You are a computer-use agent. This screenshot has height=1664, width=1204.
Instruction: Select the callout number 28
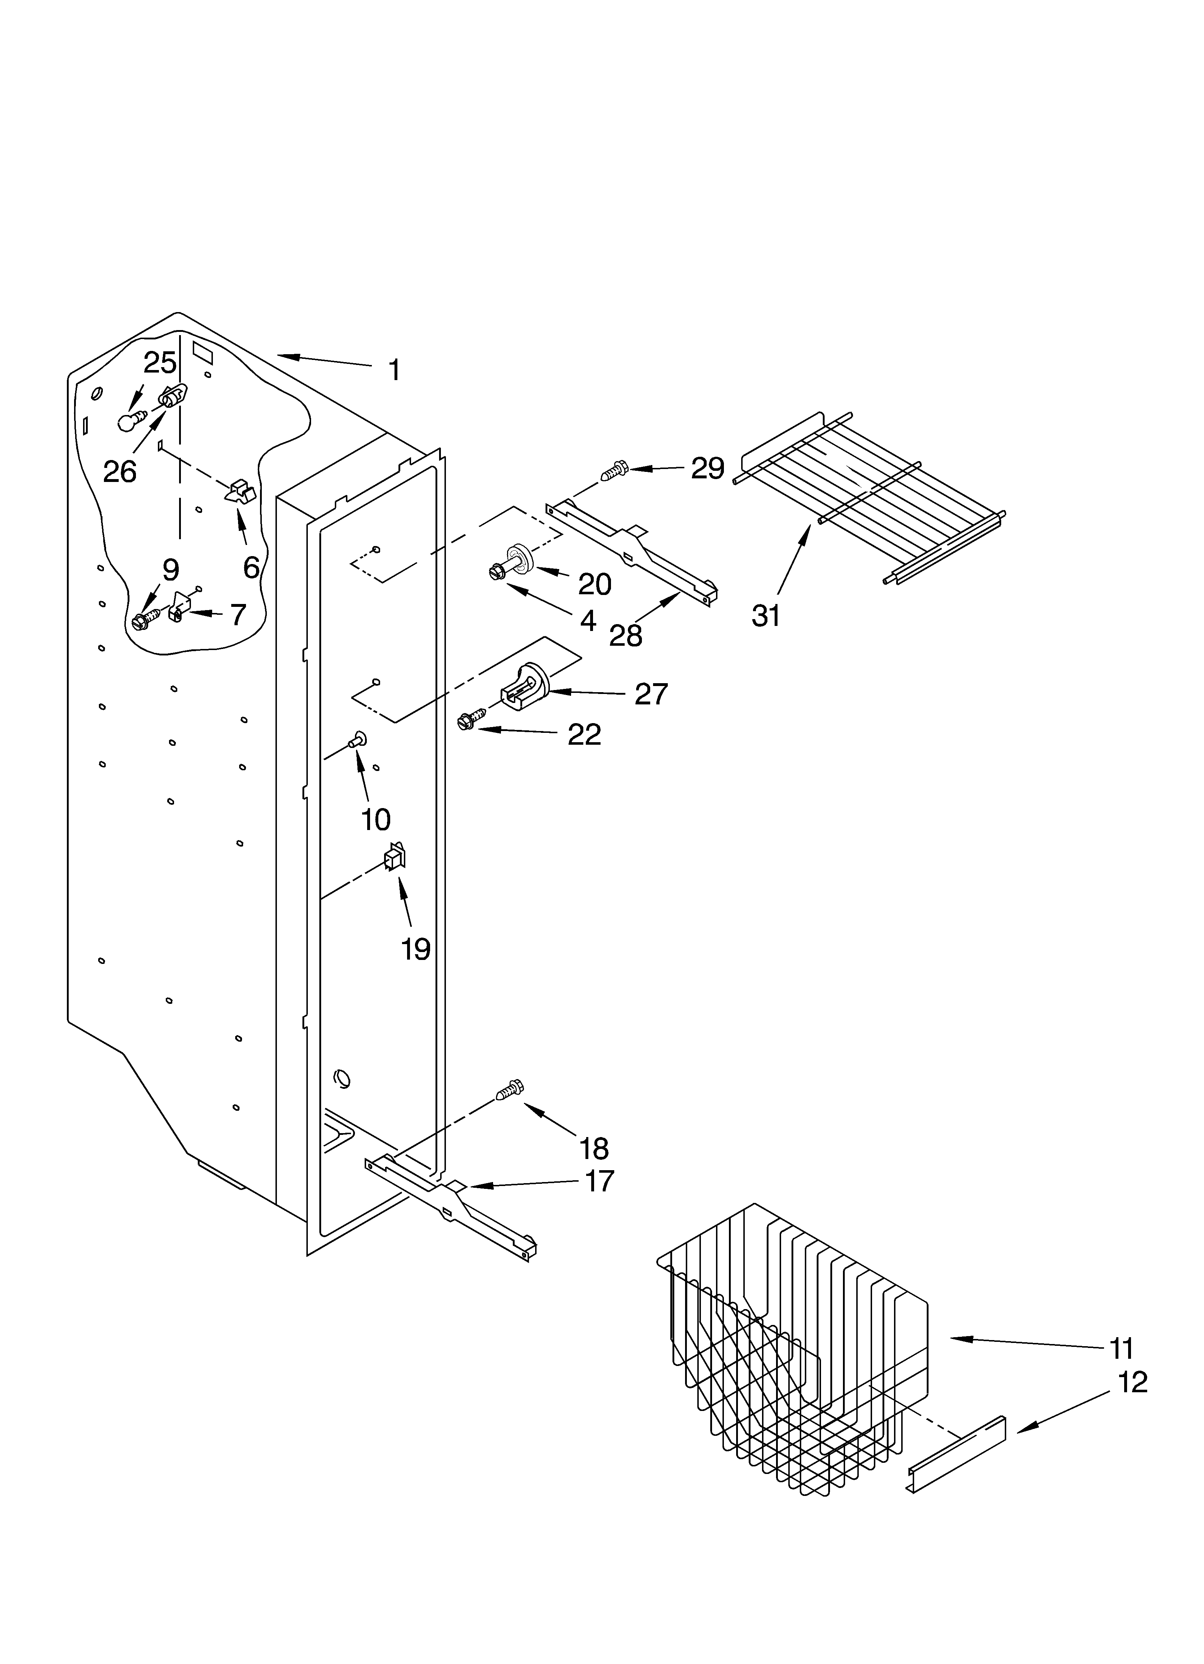coord(625,635)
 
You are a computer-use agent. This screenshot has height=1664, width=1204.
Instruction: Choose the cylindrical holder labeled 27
coord(526,687)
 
